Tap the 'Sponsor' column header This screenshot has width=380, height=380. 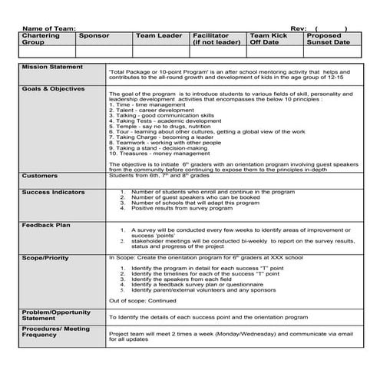pos(94,36)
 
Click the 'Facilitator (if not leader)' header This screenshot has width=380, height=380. pos(216,39)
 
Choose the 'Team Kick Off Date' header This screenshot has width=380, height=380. pos(269,39)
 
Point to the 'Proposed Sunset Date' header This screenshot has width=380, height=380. pos(329,39)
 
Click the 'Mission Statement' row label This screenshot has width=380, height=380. pos(51,68)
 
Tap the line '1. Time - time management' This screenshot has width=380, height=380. pos(142,105)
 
